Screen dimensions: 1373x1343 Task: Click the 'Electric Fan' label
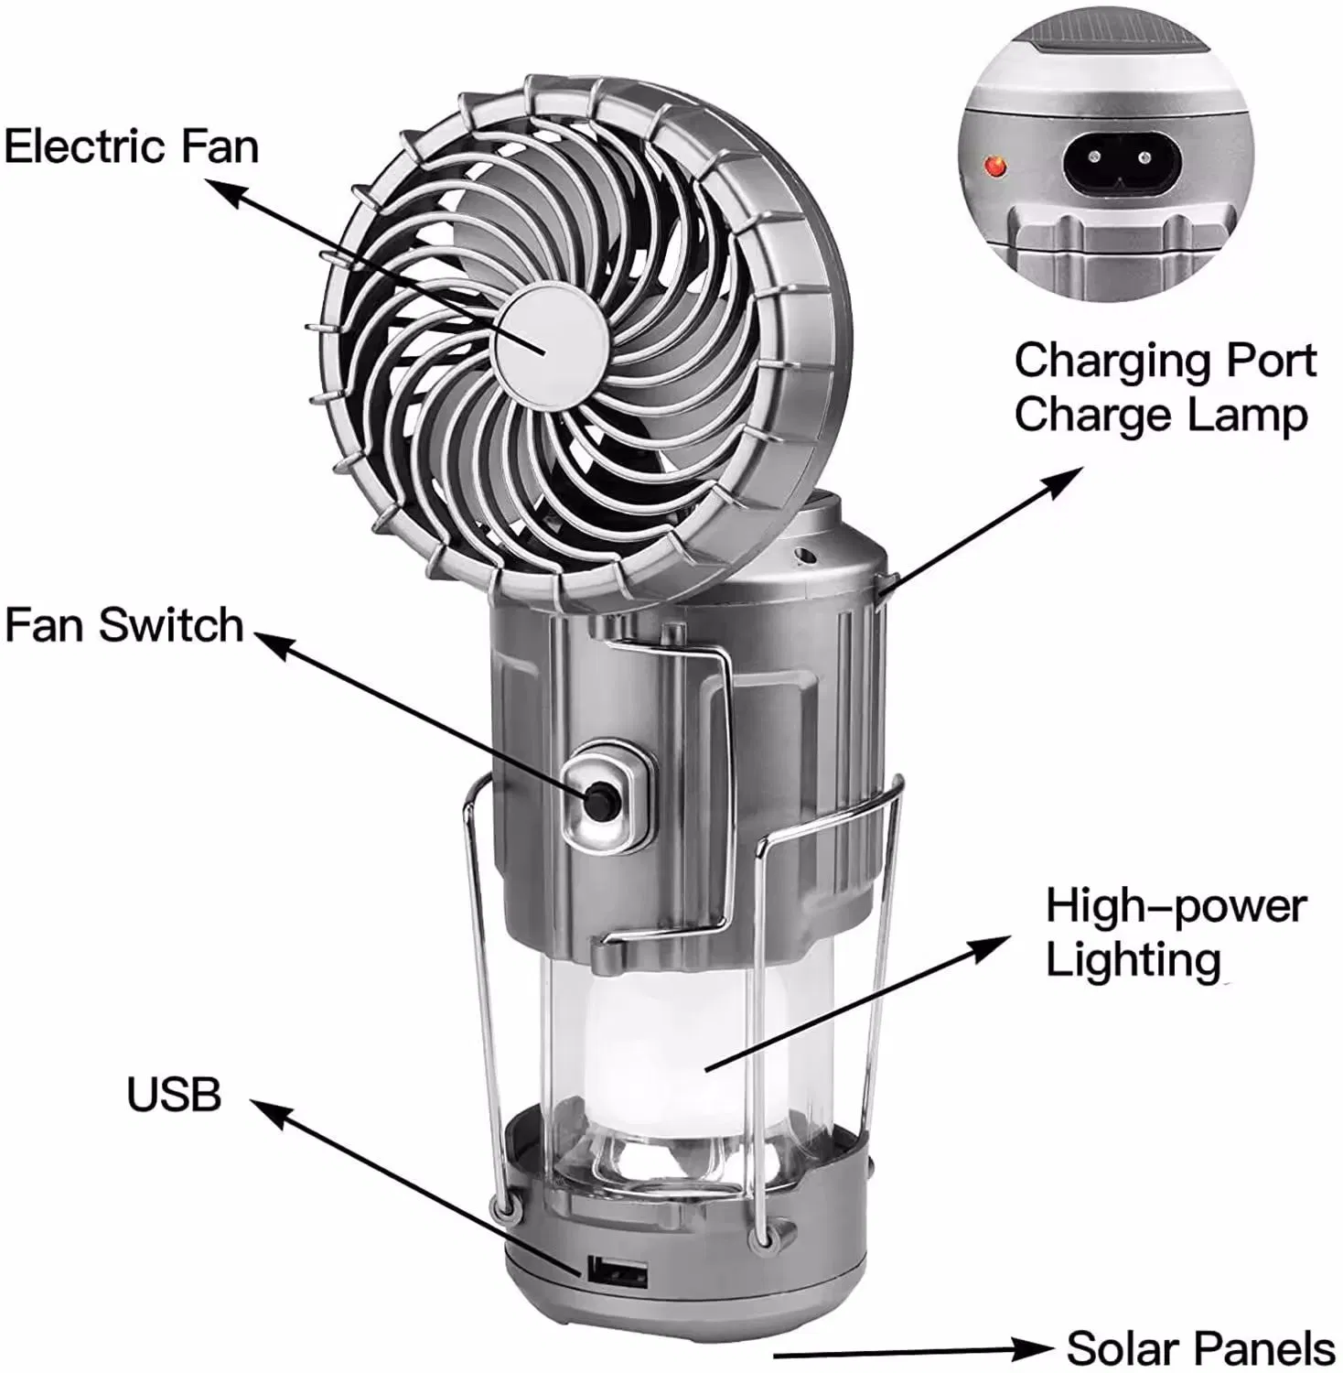point(132,146)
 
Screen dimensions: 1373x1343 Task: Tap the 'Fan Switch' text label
point(124,625)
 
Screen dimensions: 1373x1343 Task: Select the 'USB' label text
point(174,1095)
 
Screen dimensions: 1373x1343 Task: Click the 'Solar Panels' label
point(1200,1348)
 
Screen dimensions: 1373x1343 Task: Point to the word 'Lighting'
point(1133,960)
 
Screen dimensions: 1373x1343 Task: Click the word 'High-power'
point(1176,906)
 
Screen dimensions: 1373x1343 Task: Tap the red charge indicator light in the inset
point(994,167)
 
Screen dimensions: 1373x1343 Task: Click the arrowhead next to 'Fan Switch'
point(271,643)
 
